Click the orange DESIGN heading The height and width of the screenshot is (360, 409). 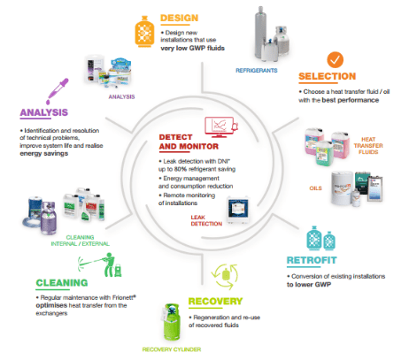(183, 17)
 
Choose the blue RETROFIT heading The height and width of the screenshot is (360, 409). (317, 261)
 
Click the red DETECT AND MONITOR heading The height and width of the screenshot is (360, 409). (182, 142)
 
